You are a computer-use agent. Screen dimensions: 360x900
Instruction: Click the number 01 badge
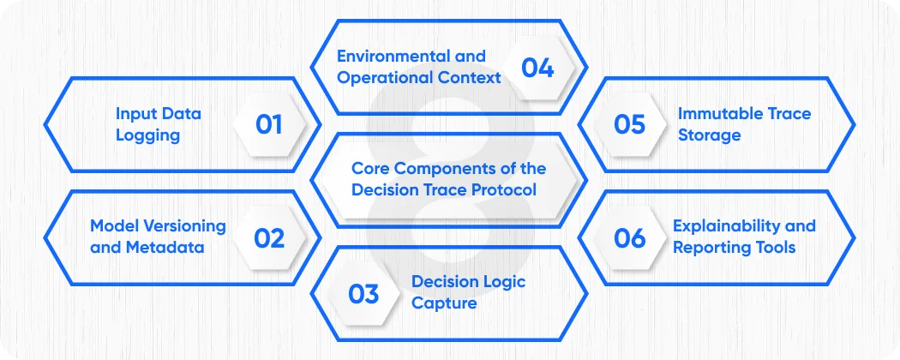click(x=269, y=124)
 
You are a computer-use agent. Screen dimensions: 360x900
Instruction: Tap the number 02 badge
click(x=269, y=237)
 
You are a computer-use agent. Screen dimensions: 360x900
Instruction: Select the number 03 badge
click(x=363, y=294)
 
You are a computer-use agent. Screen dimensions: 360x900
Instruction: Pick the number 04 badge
click(x=537, y=67)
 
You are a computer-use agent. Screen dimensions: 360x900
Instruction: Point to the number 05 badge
click(x=630, y=124)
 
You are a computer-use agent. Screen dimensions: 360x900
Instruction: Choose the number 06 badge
click(x=630, y=237)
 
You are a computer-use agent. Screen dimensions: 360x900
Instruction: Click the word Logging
click(x=148, y=135)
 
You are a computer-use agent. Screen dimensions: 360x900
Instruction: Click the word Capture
click(x=444, y=303)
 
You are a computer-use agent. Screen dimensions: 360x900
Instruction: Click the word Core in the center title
click(x=370, y=168)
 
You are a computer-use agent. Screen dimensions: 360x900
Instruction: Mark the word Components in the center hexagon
click(x=444, y=168)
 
